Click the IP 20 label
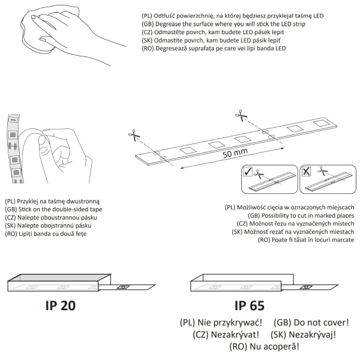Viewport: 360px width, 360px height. pos(61,305)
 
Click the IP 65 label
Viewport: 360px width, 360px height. pos(250,305)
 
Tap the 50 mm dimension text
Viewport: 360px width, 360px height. pos(235,153)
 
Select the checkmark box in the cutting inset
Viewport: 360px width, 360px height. pos(248,172)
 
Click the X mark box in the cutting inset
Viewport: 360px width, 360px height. pos(306,172)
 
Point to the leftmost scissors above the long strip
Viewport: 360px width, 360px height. pos(134,135)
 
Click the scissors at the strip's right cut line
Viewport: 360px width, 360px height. pos(241,115)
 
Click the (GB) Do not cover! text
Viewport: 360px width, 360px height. pos(311,323)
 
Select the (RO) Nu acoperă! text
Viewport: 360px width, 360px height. pos(264,346)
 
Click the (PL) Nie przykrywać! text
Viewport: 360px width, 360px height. pos(221,323)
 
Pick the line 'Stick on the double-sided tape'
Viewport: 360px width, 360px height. pos(60,209)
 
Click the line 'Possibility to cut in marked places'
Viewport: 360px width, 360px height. pos(308,215)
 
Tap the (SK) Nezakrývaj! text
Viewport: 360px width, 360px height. pos(303,335)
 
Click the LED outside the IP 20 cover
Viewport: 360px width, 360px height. pos(123,287)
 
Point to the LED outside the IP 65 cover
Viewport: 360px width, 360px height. pos(306,287)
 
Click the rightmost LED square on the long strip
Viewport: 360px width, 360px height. pos(321,123)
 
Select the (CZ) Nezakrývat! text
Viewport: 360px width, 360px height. pos(226,335)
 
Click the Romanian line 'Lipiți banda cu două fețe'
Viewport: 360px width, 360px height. pos(53,234)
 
